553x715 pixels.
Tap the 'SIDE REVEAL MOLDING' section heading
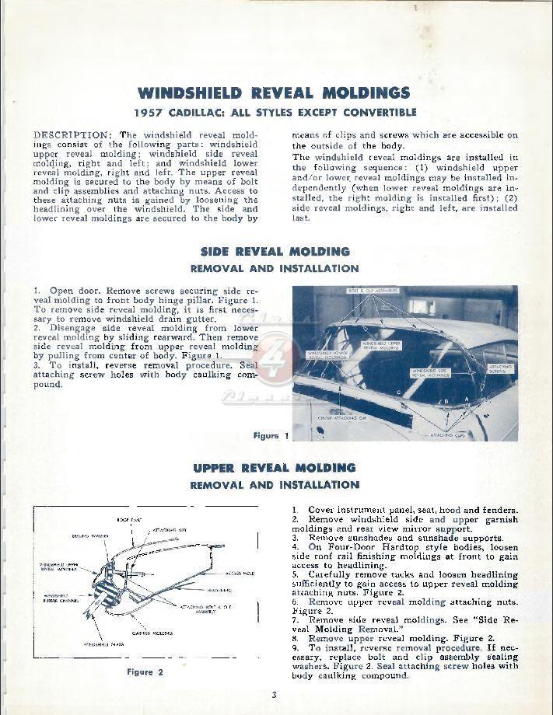[x=275, y=252]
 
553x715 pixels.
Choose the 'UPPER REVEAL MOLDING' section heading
[x=275, y=468]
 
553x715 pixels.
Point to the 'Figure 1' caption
[x=271, y=436]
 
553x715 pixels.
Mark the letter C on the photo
[x=398, y=392]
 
